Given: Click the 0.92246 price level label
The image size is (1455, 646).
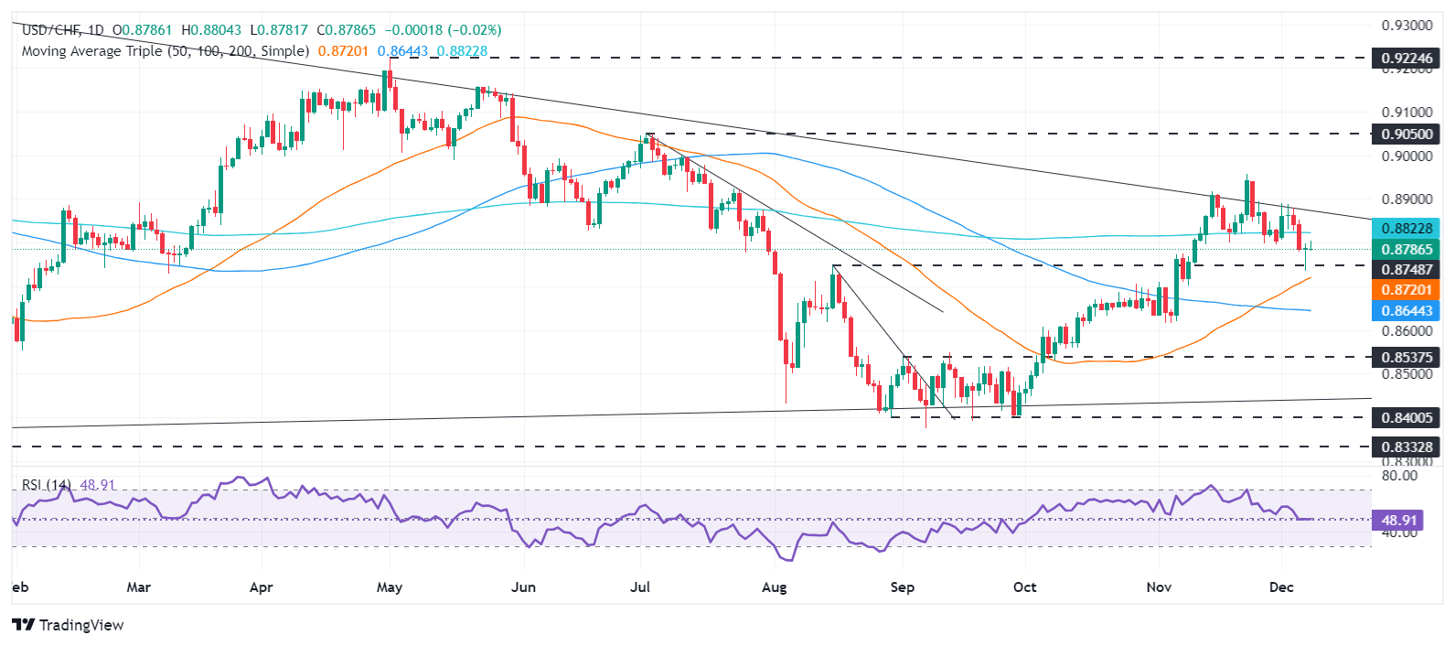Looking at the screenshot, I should tap(1407, 59).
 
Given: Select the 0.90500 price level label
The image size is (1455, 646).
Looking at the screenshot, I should tap(1407, 134).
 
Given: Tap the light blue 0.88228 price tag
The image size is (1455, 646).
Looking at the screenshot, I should tap(1407, 229).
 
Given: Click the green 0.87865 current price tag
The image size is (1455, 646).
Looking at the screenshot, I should tap(1407, 249).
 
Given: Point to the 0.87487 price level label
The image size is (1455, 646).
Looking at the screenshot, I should tap(1407, 269).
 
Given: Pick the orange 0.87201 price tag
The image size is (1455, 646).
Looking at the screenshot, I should tap(1407, 290).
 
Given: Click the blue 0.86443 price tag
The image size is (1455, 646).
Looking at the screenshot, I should tap(1407, 311).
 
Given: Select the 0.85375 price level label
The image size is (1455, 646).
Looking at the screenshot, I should tap(1407, 357).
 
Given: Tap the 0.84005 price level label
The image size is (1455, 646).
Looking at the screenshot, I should tap(1407, 417).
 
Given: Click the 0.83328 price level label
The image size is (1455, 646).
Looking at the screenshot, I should tap(1407, 447).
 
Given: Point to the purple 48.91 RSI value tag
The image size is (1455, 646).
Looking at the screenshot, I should tap(1399, 520).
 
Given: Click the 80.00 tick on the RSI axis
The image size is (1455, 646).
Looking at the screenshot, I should tap(1398, 476).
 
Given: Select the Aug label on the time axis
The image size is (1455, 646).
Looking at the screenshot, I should tap(774, 587).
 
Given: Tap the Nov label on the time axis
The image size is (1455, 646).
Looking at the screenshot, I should tap(1159, 587).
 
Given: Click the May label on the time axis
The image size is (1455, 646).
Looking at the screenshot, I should tap(390, 587).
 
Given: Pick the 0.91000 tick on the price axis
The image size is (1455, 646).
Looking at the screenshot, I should tap(1407, 113).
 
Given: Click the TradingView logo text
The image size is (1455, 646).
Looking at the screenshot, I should tap(80, 625).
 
